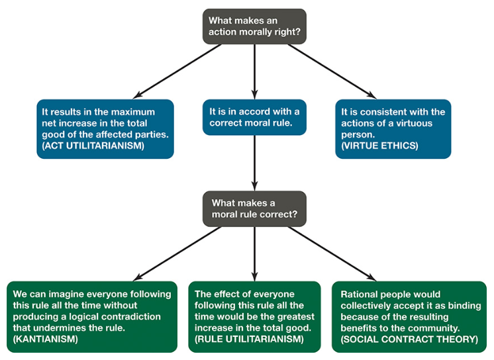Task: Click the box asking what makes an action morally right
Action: coord(254,26)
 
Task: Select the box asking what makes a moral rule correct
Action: coord(254,208)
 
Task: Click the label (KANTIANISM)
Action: coord(47,339)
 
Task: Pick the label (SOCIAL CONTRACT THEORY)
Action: coord(409,339)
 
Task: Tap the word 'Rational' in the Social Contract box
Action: coord(361,294)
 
